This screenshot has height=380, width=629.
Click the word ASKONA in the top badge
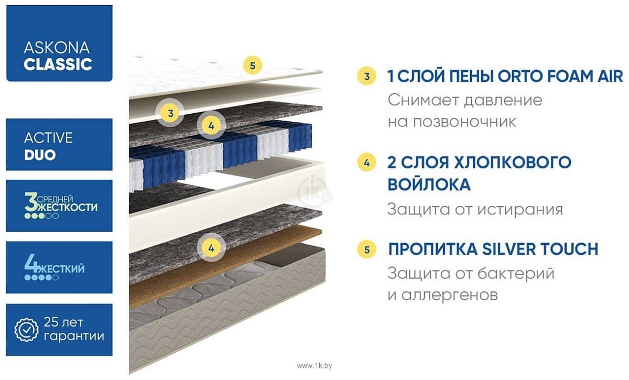(56, 48)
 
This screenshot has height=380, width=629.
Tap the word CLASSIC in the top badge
(58, 64)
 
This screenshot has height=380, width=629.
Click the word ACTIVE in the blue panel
(48, 138)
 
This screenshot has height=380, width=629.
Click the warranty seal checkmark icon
(26, 329)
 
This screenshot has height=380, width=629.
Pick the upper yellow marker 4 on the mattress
(211, 125)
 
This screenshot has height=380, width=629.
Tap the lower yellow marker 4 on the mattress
(211, 247)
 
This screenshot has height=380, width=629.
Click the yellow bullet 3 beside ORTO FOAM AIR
(367, 77)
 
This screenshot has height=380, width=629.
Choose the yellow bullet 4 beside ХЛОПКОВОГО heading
(367, 162)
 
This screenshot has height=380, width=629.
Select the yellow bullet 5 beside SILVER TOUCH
(367, 249)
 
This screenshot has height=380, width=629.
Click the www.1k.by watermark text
(314, 365)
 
